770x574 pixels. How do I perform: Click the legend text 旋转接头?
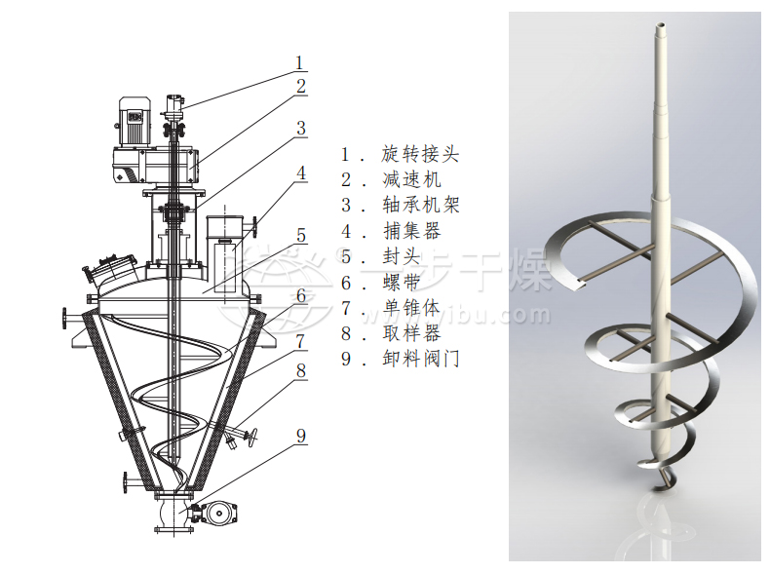tap(420, 154)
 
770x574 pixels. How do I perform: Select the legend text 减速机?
tap(412, 179)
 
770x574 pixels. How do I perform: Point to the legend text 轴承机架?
tap(420, 205)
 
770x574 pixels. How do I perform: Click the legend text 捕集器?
tap(412, 231)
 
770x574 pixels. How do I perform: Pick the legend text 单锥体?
tap(412, 308)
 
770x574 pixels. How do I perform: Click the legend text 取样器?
tap(412, 333)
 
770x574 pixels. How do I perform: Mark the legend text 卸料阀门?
tap(420, 359)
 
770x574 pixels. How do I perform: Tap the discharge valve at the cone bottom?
tap(214, 514)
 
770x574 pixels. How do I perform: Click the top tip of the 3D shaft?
tap(660, 26)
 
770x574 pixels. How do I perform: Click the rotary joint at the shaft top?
tap(174, 102)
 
